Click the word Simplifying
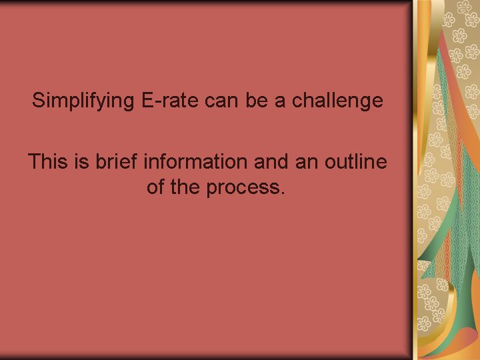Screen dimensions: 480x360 (x=83, y=101)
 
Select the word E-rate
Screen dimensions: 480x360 (x=170, y=100)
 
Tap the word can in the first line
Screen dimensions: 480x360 (x=221, y=102)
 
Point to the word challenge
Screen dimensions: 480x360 (x=337, y=101)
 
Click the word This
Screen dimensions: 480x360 (x=48, y=161)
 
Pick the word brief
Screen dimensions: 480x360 (x=116, y=161)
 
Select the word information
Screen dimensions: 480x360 (x=195, y=161)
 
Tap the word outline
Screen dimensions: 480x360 (x=356, y=161)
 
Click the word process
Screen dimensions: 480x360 (x=243, y=188)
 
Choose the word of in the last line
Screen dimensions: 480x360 (x=155, y=186)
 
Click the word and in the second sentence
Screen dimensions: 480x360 (x=271, y=161)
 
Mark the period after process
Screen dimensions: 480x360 (x=283, y=192)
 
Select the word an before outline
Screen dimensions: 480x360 (x=307, y=163)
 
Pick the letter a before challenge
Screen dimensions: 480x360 (x=280, y=102)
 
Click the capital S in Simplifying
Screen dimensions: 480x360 (x=39, y=100)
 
